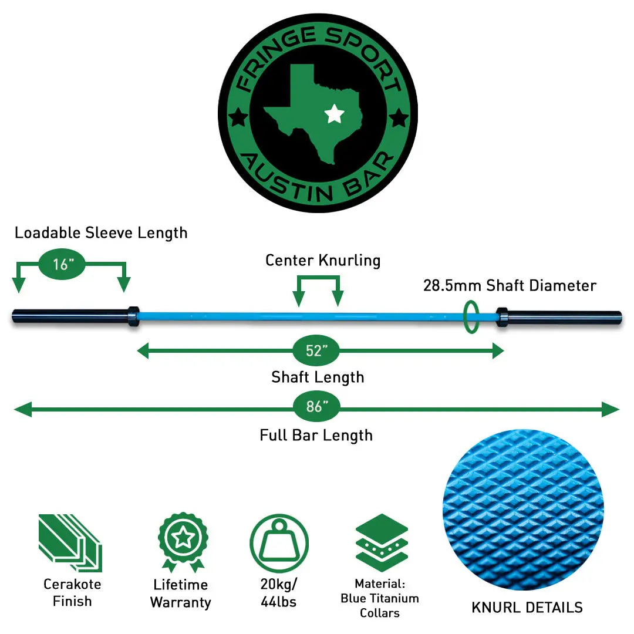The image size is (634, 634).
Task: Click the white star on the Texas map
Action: coord(334,113)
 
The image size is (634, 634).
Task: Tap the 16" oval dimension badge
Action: coord(62,264)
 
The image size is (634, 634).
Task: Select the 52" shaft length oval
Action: coord(316,351)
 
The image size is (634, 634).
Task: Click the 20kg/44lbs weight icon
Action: coord(279,543)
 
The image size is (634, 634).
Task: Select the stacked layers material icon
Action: coord(382,543)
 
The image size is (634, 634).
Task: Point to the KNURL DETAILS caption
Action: coord(527,608)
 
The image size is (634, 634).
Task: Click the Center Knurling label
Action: coord(323,260)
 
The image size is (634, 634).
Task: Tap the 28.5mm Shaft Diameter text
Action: coord(510,286)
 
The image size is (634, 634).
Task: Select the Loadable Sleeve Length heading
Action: coord(101,232)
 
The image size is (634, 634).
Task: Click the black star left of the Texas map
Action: coord(238,118)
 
